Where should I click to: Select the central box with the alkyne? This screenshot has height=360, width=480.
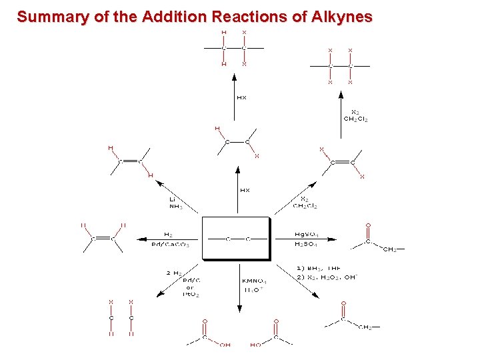click(x=237, y=238)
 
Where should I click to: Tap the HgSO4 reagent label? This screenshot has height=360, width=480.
click(x=307, y=235)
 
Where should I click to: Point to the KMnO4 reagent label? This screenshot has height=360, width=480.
click(x=254, y=281)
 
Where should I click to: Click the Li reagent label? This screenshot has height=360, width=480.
click(x=172, y=199)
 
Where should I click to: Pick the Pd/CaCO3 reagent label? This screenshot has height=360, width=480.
click(x=171, y=245)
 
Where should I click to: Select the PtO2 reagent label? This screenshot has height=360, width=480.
click(x=191, y=294)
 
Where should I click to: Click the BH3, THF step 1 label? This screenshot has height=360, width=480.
click(x=318, y=268)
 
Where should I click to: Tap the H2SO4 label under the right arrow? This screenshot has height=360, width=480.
click(x=307, y=245)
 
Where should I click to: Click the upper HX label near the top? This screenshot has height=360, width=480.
click(x=241, y=98)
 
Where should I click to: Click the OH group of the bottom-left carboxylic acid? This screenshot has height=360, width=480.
click(x=226, y=345)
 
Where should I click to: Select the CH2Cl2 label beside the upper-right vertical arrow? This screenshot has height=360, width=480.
click(x=355, y=119)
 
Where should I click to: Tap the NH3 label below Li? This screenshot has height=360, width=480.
click(x=175, y=207)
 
